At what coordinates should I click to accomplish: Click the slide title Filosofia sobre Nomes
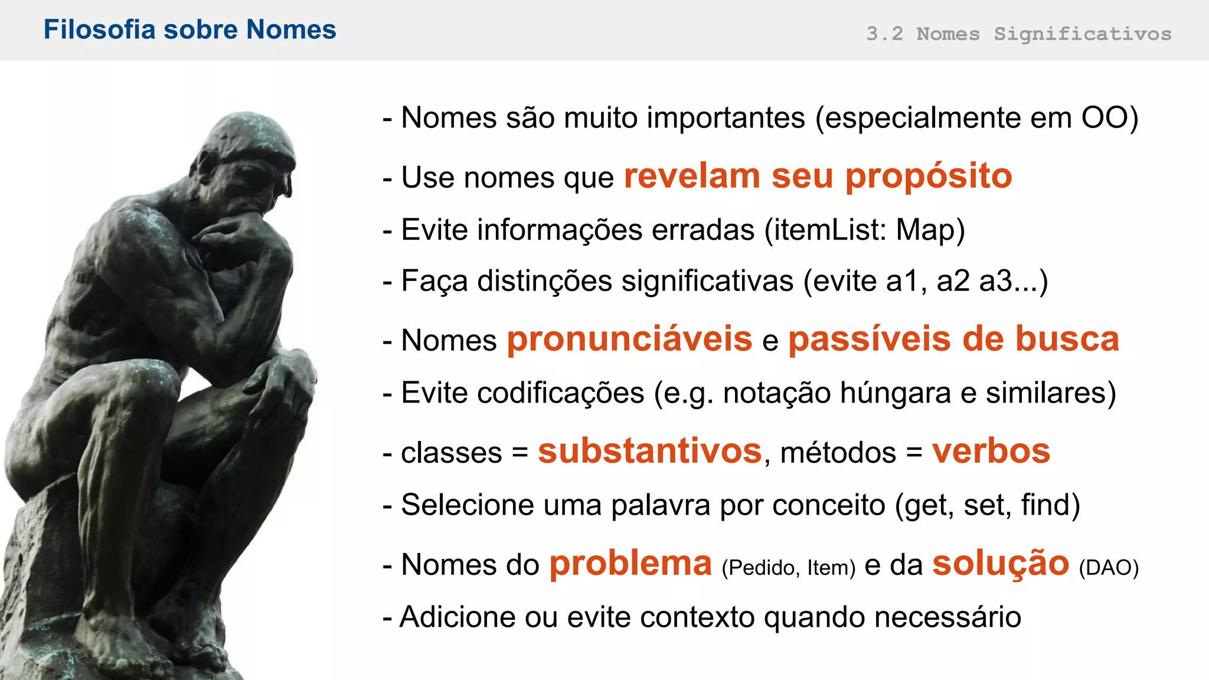(189, 30)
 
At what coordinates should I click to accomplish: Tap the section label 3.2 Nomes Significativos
(1018, 34)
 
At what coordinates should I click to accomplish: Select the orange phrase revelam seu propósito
(818, 176)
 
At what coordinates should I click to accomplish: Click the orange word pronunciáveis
(629, 339)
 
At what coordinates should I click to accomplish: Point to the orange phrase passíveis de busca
(953, 339)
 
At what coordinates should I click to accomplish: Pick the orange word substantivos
(649, 451)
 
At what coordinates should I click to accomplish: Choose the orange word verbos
(991, 451)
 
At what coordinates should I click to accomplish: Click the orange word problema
(630, 563)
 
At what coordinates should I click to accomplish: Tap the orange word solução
(1001, 563)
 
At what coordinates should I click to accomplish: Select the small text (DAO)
(1108, 567)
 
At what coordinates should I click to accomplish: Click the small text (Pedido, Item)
(788, 567)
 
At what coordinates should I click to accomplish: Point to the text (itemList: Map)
(865, 230)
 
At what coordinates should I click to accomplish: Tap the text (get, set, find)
(987, 505)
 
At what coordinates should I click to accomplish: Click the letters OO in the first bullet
(1105, 117)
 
